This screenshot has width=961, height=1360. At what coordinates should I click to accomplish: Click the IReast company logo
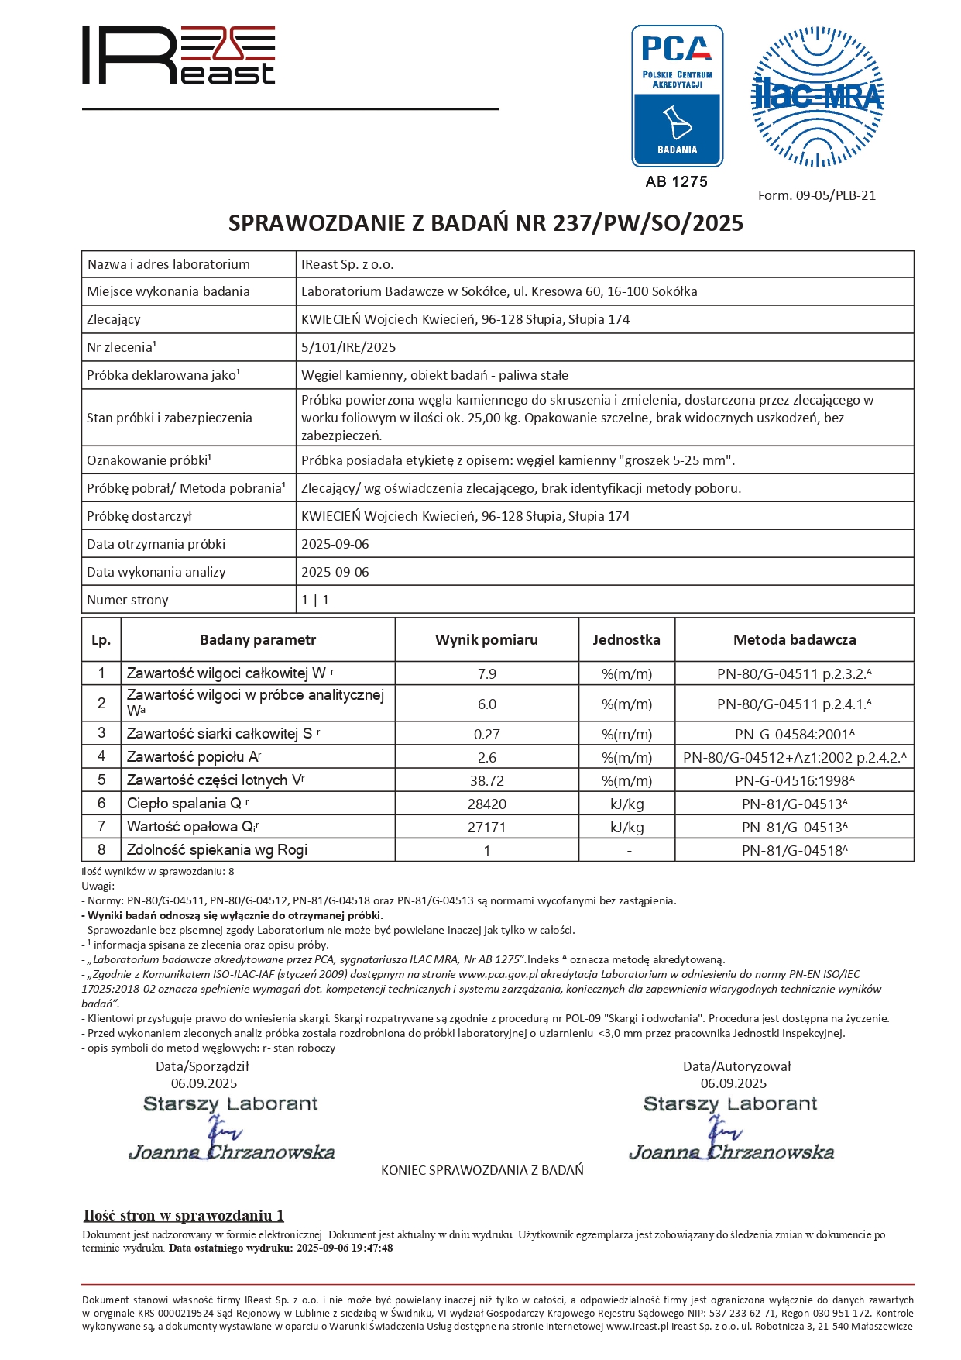[179, 55]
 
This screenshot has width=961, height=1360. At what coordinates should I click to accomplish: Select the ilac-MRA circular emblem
[817, 97]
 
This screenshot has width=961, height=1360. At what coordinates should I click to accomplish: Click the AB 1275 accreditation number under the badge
[677, 181]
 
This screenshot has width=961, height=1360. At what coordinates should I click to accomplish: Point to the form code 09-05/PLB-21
[817, 195]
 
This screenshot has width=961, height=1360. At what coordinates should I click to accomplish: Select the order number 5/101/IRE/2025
[348, 347]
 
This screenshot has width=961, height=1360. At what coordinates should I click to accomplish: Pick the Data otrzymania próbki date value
[335, 544]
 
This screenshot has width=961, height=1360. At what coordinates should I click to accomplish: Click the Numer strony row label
[128, 600]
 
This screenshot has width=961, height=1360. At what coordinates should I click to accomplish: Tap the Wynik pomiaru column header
[486, 640]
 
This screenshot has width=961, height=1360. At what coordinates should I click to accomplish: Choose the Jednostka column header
[626, 640]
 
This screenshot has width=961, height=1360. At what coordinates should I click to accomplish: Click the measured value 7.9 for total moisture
[486, 673]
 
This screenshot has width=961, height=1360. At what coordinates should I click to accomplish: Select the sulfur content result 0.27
[486, 734]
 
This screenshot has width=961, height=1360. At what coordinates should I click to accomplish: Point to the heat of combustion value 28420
[486, 804]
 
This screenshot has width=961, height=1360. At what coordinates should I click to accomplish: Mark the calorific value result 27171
[486, 827]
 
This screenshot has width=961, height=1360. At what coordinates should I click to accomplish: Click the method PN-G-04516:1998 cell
[795, 780]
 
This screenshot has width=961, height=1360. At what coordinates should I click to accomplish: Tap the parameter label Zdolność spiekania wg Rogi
[218, 850]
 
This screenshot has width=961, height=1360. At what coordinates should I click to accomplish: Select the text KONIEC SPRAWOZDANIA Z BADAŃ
[482, 1170]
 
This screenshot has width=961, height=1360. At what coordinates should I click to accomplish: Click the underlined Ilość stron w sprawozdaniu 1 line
[184, 1215]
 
